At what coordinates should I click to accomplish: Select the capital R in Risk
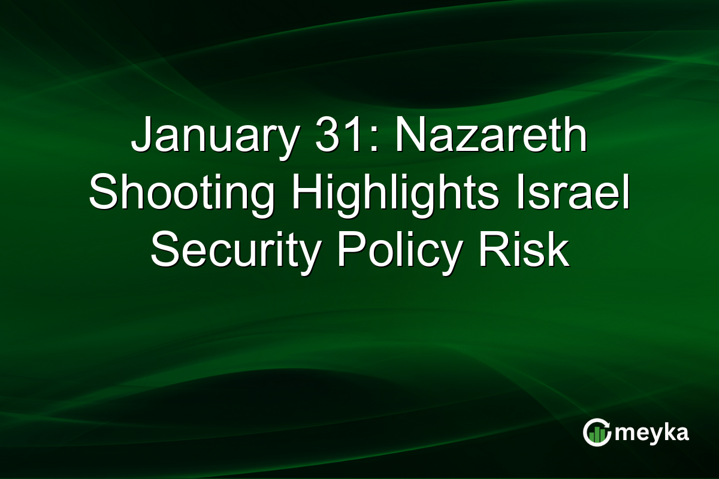click(493, 251)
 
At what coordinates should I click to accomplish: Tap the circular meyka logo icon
click(597, 433)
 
